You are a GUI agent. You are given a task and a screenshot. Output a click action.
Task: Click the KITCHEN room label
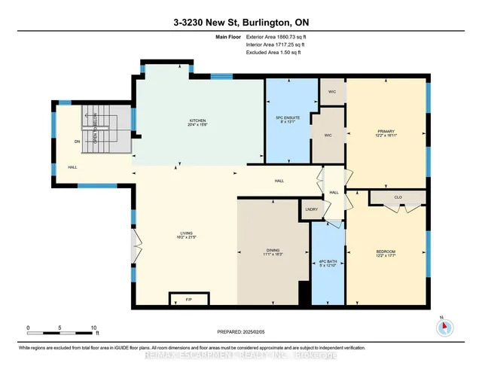pyautogui.click(x=197, y=121)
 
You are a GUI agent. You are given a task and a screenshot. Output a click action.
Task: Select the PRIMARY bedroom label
pyautogui.click(x=385, y=133)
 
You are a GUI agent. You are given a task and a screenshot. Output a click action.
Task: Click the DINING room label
pyautogui.click(x=273, y=252)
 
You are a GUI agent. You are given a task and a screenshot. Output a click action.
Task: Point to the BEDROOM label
pyautogui.click(x=385, y=252)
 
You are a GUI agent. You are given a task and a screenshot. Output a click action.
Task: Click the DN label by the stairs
pyautogui.click(x=77, y=141)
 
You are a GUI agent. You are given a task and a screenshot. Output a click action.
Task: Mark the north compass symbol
pyautogui.click(x=444, y=326)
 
